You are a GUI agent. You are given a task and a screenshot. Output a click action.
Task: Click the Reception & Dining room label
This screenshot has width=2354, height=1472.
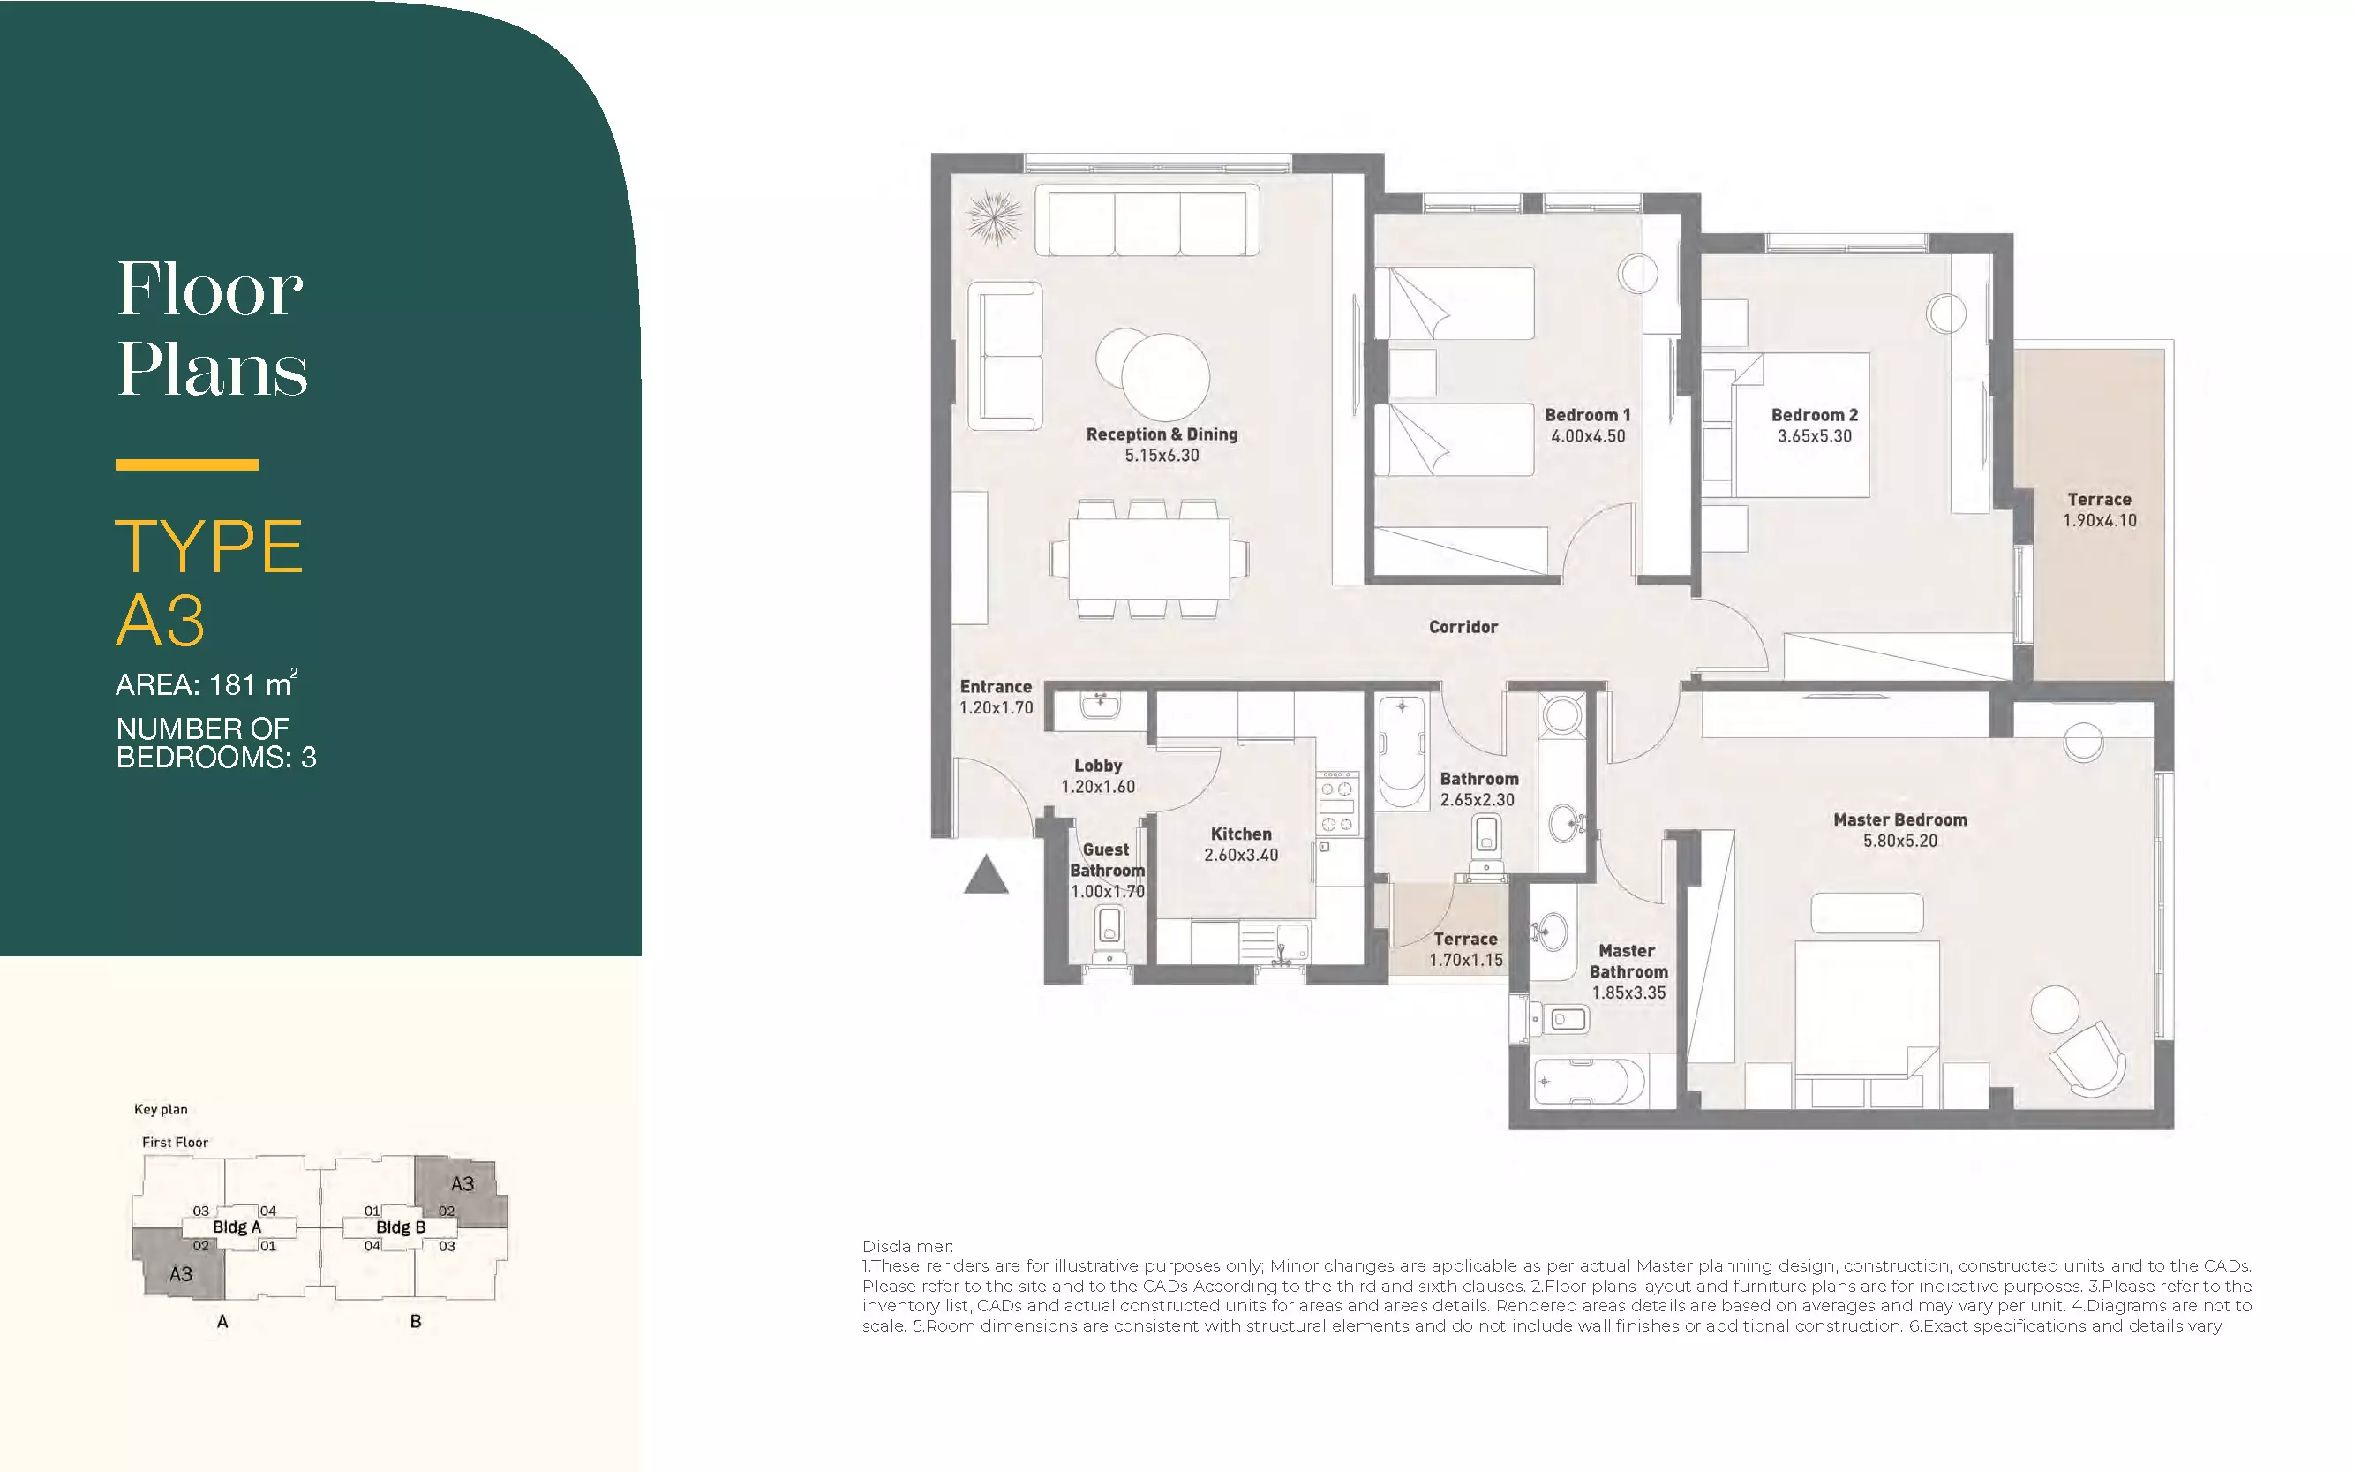click(1162, 434)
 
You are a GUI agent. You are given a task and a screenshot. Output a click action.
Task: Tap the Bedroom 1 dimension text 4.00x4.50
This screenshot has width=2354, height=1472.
click(1587, 436)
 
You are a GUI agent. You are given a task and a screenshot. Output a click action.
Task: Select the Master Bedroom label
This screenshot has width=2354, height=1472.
click(1899, 819)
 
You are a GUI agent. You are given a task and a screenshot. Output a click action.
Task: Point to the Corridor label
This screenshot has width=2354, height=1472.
click(1463, 627)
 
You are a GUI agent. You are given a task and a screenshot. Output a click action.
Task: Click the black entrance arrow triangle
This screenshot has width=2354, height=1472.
click(986, 874)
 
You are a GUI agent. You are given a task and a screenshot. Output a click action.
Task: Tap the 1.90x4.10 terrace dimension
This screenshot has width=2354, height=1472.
click(2099, 520)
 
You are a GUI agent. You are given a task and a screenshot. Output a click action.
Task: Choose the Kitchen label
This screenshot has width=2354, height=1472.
click(1241, 834)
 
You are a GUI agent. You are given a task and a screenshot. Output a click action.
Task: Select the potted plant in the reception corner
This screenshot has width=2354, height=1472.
click(994, 217)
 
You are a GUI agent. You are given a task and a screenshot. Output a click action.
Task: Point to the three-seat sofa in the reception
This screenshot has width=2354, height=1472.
click(1147, 221)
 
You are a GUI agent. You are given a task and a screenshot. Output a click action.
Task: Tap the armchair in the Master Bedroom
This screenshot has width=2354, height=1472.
click(2088, 1060)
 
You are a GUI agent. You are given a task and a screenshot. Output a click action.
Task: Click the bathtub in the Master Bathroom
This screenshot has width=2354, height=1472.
click(1588, 1081)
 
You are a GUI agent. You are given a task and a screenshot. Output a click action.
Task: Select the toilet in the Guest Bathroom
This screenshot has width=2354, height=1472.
click(1109, 934)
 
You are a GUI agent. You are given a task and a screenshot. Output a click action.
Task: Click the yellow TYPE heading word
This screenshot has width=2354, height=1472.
click(209, 547)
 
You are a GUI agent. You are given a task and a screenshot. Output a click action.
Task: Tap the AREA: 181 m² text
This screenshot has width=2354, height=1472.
click(207, 683)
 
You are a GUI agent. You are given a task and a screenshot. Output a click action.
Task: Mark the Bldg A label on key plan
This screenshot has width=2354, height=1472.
click(237, 1227)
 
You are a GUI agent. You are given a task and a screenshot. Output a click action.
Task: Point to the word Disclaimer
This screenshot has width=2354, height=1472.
click(907, 1246)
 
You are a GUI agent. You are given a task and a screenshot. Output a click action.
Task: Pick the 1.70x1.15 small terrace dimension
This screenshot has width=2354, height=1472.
click(1465, 960)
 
